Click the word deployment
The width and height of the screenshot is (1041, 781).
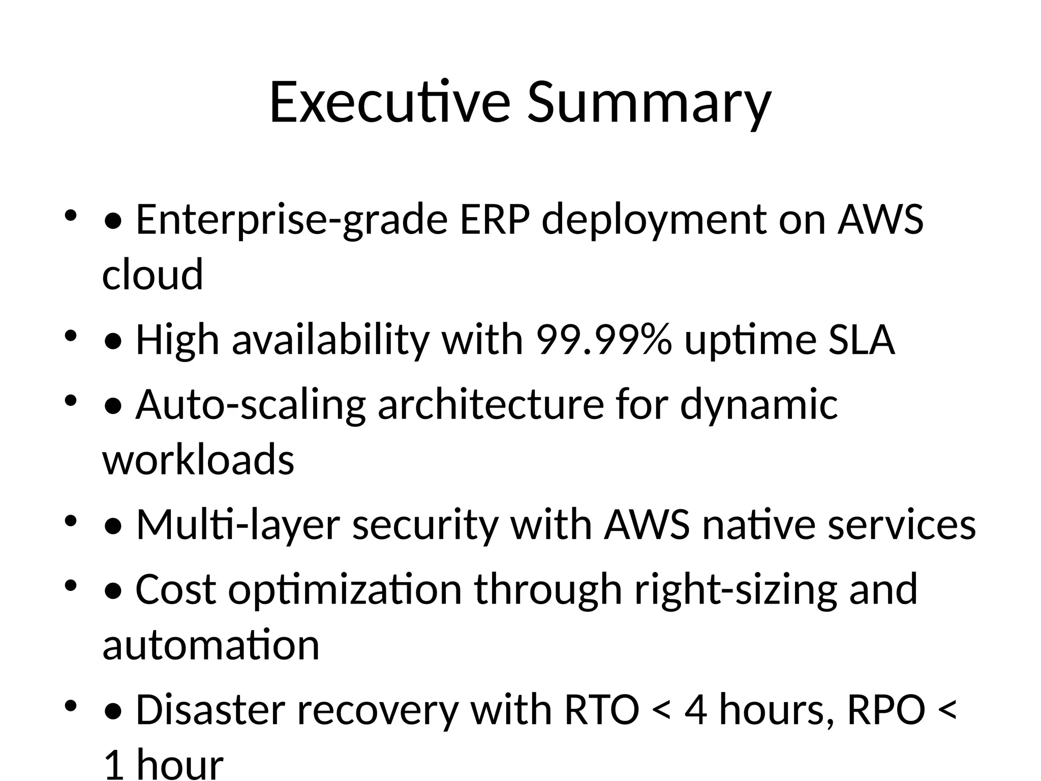[654, 220]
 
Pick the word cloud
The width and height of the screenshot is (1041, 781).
[152, 275]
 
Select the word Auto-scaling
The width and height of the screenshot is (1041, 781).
[251, 405]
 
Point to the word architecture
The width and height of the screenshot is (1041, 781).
[491, 405]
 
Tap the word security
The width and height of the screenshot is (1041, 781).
[425, 525]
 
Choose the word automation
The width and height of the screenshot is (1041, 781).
[211, 645]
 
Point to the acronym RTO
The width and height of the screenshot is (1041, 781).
[601, 710]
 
